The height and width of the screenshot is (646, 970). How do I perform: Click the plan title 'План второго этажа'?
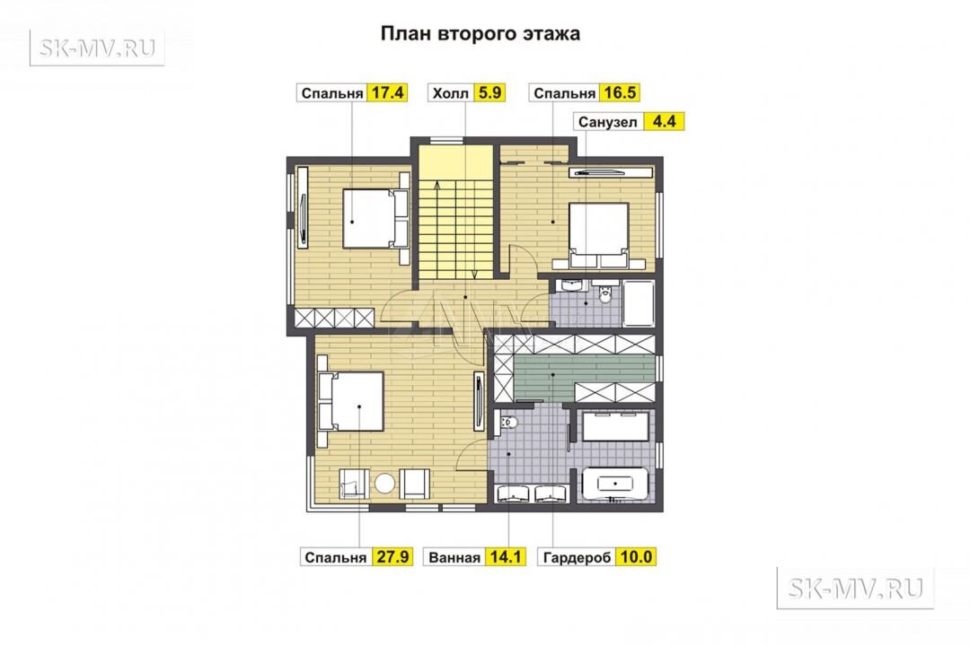click(x=480, y=33)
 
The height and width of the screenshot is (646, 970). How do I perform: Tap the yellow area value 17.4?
click(x=387, y=92)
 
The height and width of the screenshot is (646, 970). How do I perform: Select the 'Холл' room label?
click(x=450, y=93)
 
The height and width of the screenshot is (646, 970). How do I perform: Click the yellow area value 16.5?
click(x=620, y=92)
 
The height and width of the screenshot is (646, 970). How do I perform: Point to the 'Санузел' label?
click(x=607, y=122)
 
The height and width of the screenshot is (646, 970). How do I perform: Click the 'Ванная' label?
click(x=454, y=557)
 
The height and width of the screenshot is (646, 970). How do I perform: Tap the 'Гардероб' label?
click(x=577, y=557)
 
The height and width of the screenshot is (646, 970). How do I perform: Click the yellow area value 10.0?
click(x=636, y=557)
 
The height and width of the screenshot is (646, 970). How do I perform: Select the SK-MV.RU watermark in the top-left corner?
click(x=97, y=48)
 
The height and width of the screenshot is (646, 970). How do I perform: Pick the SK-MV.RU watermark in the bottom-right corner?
click(x=855, y=588)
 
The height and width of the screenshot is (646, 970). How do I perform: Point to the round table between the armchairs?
click(x=384, y=483)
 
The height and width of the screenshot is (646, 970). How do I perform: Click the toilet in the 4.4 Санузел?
click(x=604, y=293)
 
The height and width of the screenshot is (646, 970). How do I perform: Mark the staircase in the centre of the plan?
click(x=455, y=214)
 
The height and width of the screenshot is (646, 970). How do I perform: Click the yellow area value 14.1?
click(x=506, y=557)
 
